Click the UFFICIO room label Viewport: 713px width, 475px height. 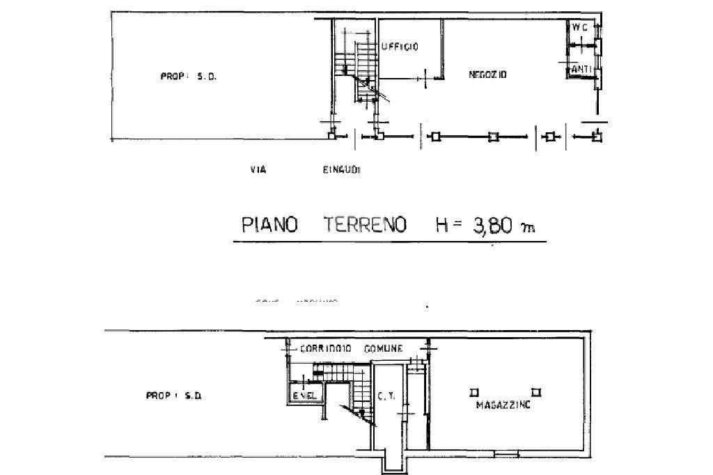coord(400,47)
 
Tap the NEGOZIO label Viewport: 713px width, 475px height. coord(487,74)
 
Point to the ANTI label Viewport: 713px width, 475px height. coord(581,70)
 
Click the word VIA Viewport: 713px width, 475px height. coord(258,169)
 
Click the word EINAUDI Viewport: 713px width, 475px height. coord(340,169)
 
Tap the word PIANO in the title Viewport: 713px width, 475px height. coord(269,226)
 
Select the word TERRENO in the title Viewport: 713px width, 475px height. coord(365,226)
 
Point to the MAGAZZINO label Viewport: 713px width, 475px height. coord(503,405)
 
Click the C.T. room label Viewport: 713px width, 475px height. coord(387,398)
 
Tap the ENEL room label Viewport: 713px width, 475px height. coord(305,396)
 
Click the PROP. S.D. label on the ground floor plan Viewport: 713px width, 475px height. coord(188,77)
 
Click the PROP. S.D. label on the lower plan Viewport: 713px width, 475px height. coord(174,396)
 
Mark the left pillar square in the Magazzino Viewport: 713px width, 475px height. coord(473,391)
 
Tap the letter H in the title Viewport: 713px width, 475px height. coord(444,226)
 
